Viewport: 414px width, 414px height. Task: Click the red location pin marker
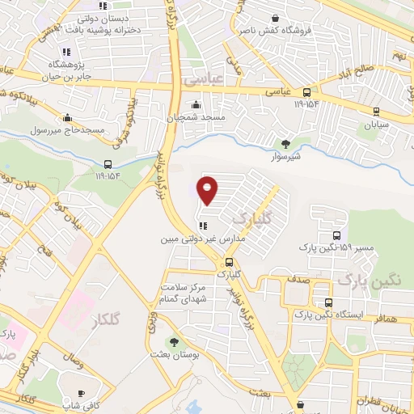point(208,190)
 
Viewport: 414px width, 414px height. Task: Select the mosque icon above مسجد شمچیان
point(196,104)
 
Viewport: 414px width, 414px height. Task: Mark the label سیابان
point(376,126)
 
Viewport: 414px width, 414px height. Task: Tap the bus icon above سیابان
point(376,112)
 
